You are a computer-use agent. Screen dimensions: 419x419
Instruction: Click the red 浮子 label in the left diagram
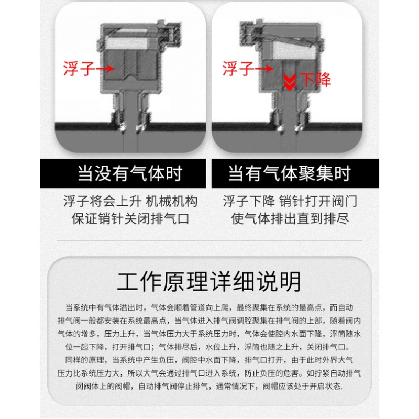point(79,69)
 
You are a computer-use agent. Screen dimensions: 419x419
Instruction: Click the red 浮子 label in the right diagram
point(238,69)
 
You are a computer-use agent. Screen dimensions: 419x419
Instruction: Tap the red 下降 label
point(315,80)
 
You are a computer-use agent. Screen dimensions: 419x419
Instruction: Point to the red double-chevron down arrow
point(290,83)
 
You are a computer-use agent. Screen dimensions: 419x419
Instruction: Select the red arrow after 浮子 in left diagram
point(105,69)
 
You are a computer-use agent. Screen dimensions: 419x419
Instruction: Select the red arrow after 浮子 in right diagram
point(264,69)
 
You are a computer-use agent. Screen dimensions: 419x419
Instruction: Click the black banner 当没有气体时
point(123,173)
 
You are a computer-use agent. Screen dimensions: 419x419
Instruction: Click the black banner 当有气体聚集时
point(295,173)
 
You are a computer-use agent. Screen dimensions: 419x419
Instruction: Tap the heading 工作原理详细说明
point(209,282)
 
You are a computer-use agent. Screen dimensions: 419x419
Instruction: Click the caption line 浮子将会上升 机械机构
point(130,201)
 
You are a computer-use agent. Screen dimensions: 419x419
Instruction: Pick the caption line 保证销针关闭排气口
point(130,218)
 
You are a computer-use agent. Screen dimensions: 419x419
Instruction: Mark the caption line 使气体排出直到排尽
point(290,218)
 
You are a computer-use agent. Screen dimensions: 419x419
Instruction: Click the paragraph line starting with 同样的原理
point(209,360)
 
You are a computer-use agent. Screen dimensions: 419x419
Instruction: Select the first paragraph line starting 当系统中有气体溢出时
point(209,307)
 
